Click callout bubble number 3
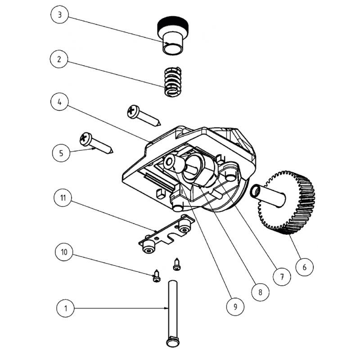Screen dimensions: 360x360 pyautogui.click(x=60, y=15)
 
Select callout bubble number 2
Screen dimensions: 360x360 pyautogui.click(x=60, y=59)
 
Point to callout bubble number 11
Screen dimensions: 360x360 pyautogui.click(x=64, y=198)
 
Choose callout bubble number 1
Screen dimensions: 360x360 pyautogui.click(x=66, y=309)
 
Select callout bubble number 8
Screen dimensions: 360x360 pyautogui.click(x=260, y=292)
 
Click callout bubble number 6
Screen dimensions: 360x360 pyautogui.click(x=304, y=267)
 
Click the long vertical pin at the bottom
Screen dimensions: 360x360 pyautogui.click(x=172, y=310)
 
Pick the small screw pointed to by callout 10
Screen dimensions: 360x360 pyautogui.click(x=157, y=276)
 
